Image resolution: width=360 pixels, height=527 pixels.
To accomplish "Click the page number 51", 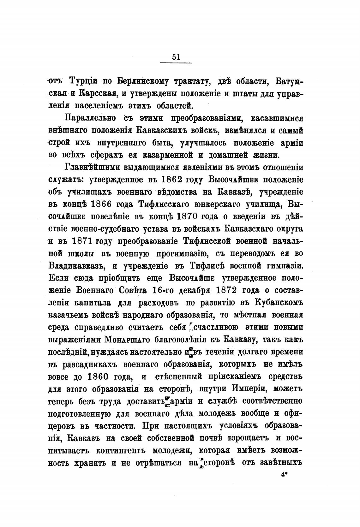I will pyautogui.click(x=176, y=57).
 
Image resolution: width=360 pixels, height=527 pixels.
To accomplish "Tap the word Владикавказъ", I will pyautogui.click(x=76, y=266).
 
